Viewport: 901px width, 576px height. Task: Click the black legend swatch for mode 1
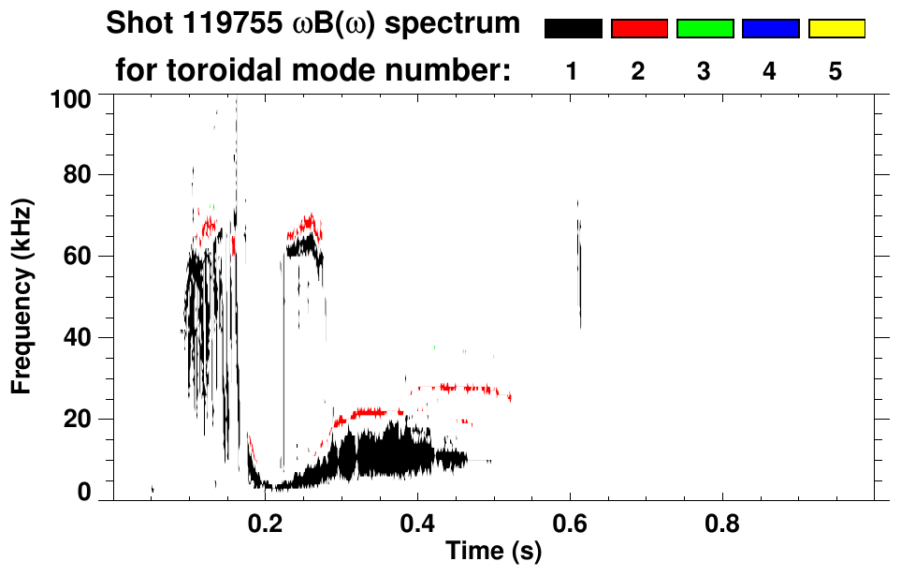[x=574, y=29]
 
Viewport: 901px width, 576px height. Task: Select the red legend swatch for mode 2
[x=639, y=29]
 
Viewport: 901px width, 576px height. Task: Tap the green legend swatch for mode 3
[x=705, y=29]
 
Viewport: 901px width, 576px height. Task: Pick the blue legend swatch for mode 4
[x=770, y=29]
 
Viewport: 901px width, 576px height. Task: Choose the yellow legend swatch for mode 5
[x=836, y=29]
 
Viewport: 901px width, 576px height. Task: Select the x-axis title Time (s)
[x=493, y=553]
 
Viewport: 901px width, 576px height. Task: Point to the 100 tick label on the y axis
[x=70, y=96]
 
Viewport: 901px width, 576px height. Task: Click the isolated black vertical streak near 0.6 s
[x=579, y=272]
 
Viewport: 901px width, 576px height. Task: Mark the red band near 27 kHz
[x=462, y=388]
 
